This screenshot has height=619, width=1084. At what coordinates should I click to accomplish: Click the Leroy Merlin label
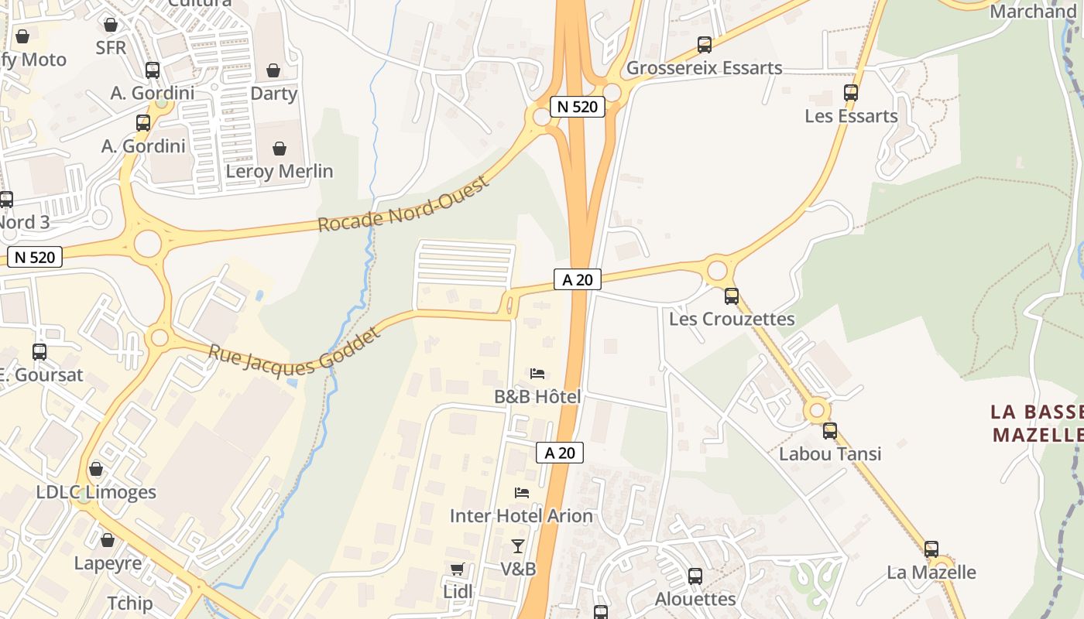[279, 171]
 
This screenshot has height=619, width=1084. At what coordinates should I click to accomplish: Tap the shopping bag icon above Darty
[273, 71]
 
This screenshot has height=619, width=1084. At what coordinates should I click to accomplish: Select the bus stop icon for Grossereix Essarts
[704, 45]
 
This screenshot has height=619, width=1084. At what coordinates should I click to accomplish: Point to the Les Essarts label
[851, 116]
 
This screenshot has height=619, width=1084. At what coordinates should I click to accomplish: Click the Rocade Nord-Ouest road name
[404, 204]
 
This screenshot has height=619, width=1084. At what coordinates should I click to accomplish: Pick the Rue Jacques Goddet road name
[295, 351]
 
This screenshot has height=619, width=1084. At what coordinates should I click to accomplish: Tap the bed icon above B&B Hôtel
[537, 374]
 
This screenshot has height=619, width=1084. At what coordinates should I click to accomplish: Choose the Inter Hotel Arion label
[521, 515]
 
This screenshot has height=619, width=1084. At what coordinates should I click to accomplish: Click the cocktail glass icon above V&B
[518, 546]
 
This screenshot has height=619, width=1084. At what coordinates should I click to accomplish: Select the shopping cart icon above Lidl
[458, 569]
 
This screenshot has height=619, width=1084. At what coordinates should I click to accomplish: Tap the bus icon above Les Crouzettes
[731, 296]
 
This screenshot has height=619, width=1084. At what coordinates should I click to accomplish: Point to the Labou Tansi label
[830, 453]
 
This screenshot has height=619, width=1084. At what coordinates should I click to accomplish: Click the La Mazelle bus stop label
[931, 573]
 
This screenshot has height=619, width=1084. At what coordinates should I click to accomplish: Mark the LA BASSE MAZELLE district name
[1036, 422]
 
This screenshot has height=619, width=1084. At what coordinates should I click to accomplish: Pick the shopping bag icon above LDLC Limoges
[96, 469]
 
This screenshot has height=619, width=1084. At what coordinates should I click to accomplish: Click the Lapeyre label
[108, 563]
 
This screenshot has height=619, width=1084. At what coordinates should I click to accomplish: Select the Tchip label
[129, 603]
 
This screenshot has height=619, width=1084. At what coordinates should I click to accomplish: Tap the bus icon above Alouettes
[695, 576]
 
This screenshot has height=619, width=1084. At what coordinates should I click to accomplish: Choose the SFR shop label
[111, 47]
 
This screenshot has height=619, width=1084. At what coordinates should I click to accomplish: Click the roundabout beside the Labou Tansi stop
[816, 409]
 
